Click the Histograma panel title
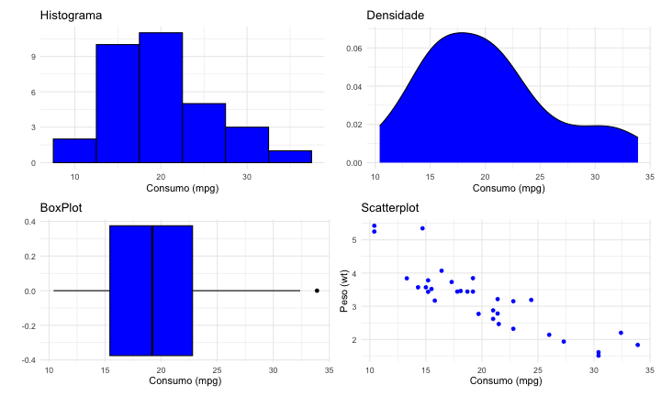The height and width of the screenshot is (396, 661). (x=72, y=16)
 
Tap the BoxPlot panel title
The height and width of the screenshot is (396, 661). (x=62, y=208)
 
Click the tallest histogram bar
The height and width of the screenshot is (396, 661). (x=161, y=96)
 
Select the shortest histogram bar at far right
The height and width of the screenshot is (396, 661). (x=290, y=157)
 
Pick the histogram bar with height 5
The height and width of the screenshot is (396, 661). (x=204, y=133)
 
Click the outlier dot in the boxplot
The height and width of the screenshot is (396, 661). (x=317, y=291)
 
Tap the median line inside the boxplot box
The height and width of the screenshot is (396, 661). (x=152, y=291)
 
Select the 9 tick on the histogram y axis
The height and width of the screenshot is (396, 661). (x=32, y=57)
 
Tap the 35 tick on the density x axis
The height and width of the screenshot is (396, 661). (x=649, y=176)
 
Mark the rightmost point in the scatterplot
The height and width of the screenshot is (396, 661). (x=637, y=345)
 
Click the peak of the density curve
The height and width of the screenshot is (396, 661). (x=461, y=34)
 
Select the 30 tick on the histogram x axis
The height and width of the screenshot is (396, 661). (x=247, y=176)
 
